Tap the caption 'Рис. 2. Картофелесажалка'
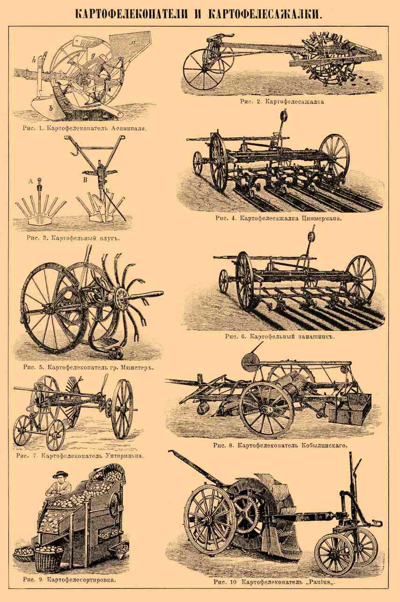click(x=282, y=102)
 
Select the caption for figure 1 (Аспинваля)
click(x=85, y=128)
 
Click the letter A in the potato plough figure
click(x=30, y=181)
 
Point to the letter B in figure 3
click(x=85, y=180)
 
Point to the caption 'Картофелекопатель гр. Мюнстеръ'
click(x=88, y=367)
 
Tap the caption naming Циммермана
click(x=279, y=218)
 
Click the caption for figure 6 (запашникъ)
click(x=280, y=336)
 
